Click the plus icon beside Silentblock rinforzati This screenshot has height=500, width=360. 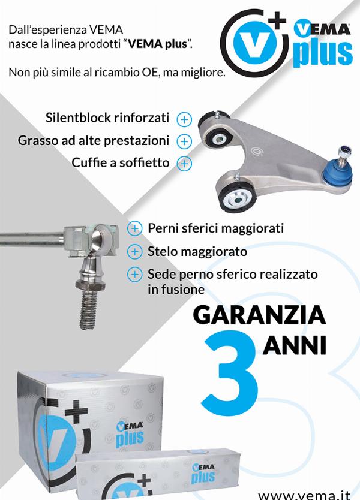184,119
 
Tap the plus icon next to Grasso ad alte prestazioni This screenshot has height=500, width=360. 184,141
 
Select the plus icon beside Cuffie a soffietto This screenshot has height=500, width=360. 184,164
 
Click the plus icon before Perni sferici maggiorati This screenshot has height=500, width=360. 134,228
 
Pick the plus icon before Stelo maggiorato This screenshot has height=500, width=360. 134,252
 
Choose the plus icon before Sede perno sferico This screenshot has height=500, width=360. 134,275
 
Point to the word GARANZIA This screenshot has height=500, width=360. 259,315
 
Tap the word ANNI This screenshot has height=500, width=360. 295,345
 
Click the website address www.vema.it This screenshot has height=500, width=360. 304,495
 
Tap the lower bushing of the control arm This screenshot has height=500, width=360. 236,197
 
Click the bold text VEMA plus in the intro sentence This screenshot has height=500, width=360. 157,44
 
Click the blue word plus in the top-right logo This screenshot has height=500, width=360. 322,53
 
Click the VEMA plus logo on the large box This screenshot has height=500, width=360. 130,435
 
